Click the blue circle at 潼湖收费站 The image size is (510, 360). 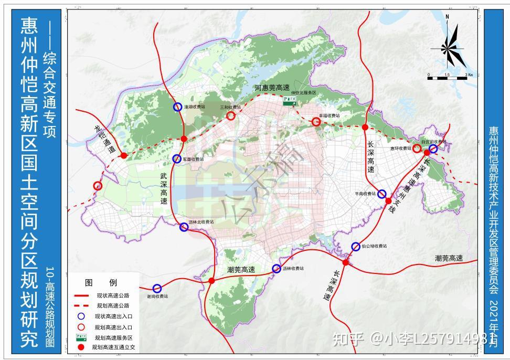tap(178, 107)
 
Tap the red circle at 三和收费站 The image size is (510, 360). tap(231, 116)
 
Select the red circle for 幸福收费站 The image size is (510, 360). tap(316, 122)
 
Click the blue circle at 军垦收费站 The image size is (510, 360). tap(177, 158)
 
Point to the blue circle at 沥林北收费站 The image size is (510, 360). tap(184, 227)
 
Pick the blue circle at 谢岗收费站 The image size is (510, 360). tap(157, 289)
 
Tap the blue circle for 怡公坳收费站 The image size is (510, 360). tap(356, 246)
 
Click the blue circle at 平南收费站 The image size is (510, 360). tap(382, 194)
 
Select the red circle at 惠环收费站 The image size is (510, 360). tap(417, 149)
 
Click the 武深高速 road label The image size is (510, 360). tap(164, 188)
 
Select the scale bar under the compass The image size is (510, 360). tap(447, 78)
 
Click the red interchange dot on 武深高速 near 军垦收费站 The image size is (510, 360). tap(184, 139)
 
